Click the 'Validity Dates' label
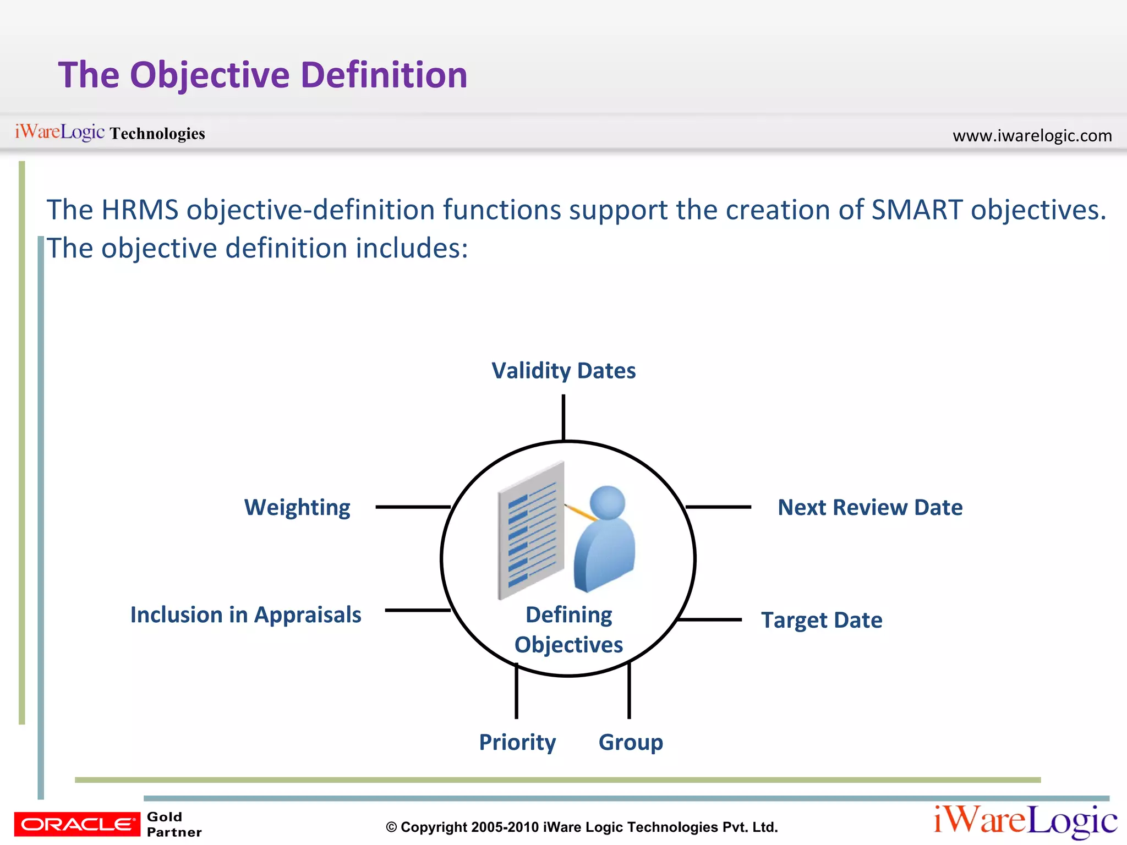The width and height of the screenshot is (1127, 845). pyautogui.click(x=563, y=371)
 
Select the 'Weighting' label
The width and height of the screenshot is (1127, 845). pyautogui.click(x=297, y=507)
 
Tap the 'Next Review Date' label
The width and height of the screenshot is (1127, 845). pyautogui.click(x=870, y=507)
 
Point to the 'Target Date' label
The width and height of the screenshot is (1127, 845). pyautogui.click(x=822, y=620)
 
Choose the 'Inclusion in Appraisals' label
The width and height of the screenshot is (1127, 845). pyautogui.click(x=245, y=614)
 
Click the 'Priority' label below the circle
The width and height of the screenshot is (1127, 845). pyautogui.click(x=517, y=742)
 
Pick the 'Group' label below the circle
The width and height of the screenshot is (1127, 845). pyautogui.click(x=631, y=742)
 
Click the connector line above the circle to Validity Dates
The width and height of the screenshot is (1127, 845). pyautogui.click(x=563, y=417)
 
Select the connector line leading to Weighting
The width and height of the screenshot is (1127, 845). pyautogui.click(x=413, y=507)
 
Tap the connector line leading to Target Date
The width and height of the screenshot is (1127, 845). pyautogui.click(x=710, y=619)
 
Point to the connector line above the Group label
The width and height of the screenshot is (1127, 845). pyautogui.click(x=629, y=691)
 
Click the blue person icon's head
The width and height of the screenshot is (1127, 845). pyautogui.click(x=607, y=502)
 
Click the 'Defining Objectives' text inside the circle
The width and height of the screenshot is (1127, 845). pyautogui.click(x=568, y=630)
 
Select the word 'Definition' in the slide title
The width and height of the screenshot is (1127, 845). pyautogui.click(x=384, y=75)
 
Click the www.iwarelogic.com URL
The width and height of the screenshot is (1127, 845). pyautogui.click(x=1032, y=135)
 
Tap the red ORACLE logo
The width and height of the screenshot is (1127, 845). pyautogui.click(x=77, y=824)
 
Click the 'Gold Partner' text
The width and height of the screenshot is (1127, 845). pyautogui.click(x=174, y=824)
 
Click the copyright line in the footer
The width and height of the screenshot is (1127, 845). pyautogui.click(x=582, y=827)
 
